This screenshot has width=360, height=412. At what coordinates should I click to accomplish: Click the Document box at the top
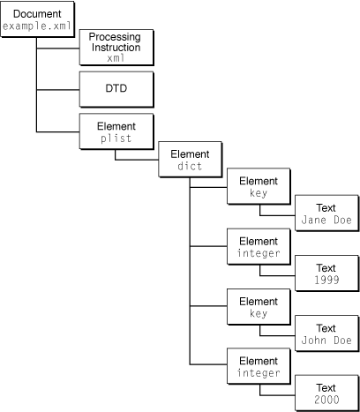click(x=35, y=21)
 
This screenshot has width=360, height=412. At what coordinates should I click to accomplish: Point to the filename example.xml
click(x=35, y=28)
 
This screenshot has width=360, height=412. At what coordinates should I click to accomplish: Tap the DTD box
click(x=115, y=89)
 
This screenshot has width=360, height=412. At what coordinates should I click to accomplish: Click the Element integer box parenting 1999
click(x=258, y=248)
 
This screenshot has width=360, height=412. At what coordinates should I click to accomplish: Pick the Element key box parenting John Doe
click(x=258, y=308)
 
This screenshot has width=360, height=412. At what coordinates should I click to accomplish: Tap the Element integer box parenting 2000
click(x=258, y=367)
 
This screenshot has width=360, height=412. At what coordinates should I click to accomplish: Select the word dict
click(x=189, y=166)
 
